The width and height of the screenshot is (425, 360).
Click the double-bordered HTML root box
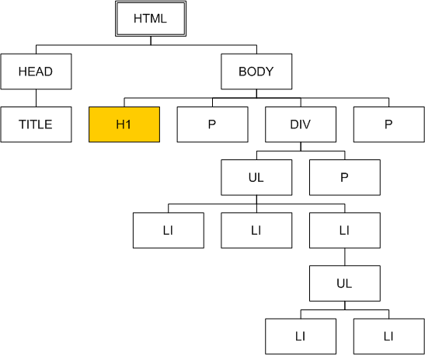click(x=151, y=19)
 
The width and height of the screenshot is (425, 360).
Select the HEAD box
click(x=36, y=72)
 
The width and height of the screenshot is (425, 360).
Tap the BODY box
click(x=256, y=72)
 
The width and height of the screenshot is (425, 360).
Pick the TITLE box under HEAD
click(x=36, y=124)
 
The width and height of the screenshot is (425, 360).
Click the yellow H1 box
click(x=124, y=124)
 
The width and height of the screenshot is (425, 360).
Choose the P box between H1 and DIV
click(x=213, y=124)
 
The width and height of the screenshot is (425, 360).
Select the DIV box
click(x=301, y=124)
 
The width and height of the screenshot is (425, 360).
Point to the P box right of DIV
click(x=389, y=124)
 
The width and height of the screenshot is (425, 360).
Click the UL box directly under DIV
click(x=256, y=177)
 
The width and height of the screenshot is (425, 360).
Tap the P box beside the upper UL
click(x=345, y=177)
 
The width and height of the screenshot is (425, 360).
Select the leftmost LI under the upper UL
click(x=169, y=230)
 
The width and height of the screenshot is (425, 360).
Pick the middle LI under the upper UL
click(x=256, y=230)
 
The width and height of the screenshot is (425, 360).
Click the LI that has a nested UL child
click(x=345, y=230)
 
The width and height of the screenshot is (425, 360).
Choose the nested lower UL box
click(x=345, y=283)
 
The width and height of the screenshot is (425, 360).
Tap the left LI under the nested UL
click(x=301, y=337)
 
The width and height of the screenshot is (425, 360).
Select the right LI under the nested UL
click(x=389, y=337)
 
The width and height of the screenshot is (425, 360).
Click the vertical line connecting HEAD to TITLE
click(x=36, y=98)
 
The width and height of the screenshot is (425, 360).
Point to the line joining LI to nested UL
click(x=345, y=257)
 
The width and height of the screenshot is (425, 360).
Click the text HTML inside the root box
click(x=150, y=19)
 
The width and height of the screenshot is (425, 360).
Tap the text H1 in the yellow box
click(x=124, y=124)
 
